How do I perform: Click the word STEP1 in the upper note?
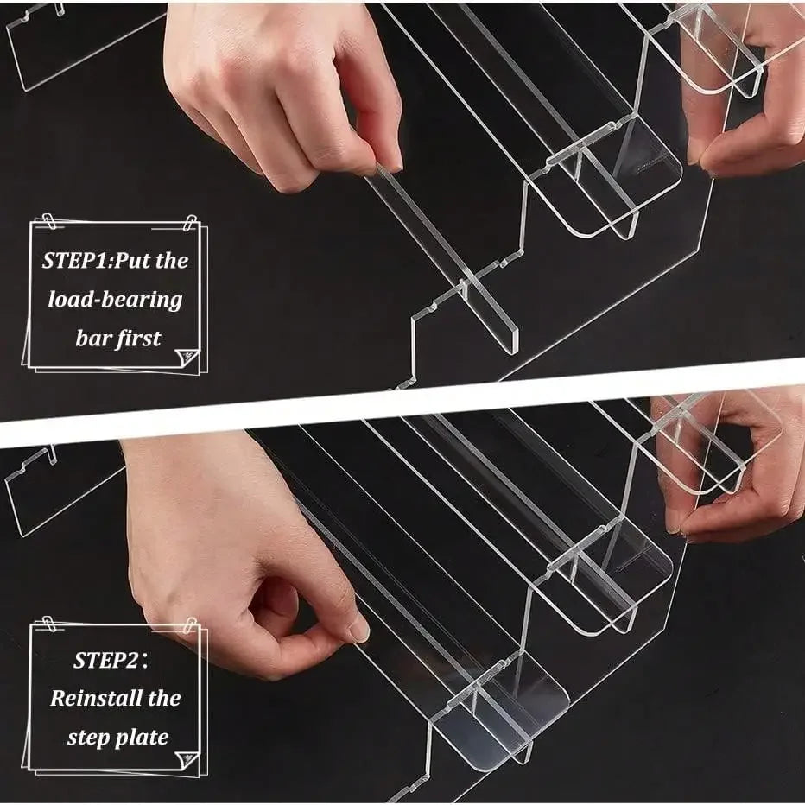(75, 260)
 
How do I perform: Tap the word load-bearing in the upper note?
(115, 300)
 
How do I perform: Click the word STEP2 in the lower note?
(105, 660)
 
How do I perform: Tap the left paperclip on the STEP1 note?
(48, 221)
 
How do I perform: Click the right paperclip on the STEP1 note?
(191, 223)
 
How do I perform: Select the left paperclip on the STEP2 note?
(48, 624)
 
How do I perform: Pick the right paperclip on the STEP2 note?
(191, 625)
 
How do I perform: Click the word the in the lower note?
(164, 698)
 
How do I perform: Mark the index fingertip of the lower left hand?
(358, 630)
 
